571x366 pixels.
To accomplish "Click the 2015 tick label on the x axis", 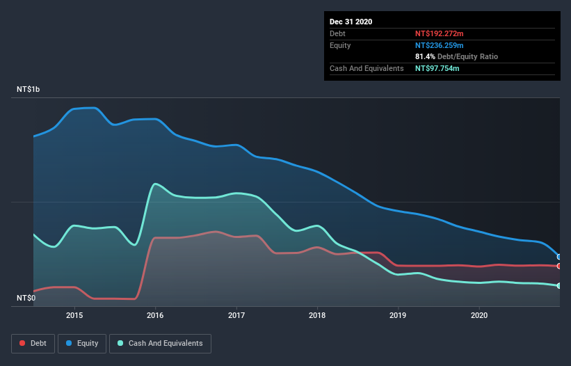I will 74,315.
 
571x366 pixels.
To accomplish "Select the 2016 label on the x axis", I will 155,315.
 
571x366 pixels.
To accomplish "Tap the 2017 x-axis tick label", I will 236,315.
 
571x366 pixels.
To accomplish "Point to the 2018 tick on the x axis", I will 317,315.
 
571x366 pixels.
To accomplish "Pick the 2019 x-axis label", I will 399,315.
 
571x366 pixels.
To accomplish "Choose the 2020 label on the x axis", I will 479,315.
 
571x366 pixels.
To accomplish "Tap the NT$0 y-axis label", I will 26,298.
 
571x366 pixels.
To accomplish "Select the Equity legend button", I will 82,343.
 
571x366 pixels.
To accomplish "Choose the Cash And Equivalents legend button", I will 160,343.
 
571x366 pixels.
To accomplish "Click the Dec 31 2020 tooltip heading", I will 351,22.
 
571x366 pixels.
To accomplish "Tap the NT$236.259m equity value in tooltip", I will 443,45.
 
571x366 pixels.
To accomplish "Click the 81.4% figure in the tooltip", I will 426,56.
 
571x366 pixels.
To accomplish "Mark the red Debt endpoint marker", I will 559,266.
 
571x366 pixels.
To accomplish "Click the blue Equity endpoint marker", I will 559,257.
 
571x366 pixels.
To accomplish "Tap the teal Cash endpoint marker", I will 559,286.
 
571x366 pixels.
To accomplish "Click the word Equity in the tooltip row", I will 340,45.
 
